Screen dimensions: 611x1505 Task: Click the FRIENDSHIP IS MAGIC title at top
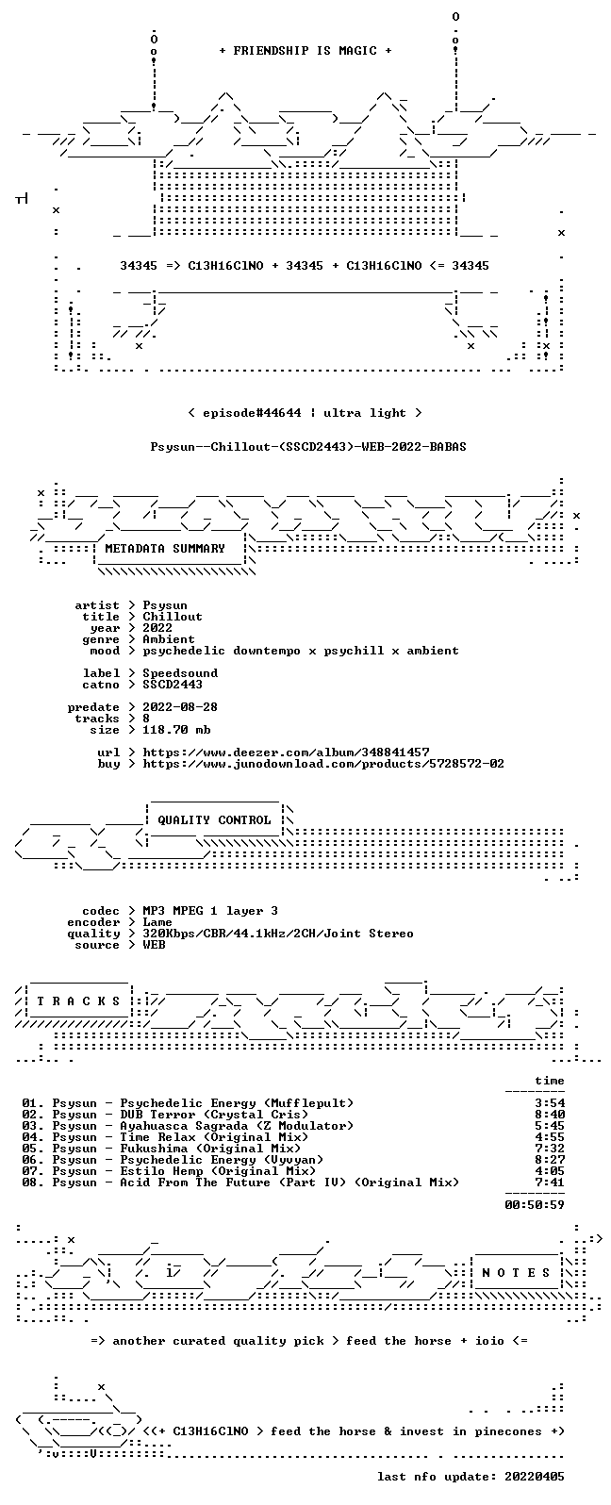tap(305, 51)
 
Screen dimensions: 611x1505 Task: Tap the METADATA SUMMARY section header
tap(165, 549)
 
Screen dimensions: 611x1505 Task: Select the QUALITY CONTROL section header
tap(214, 820)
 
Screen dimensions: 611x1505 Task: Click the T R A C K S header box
tap(78, 1001)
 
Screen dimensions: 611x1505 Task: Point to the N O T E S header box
tap(516, 1272)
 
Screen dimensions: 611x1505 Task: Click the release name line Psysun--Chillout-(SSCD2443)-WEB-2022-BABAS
tap(307, 447)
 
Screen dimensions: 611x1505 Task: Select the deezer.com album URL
tap(286, 752)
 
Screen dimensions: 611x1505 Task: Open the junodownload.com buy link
tap(323, 764)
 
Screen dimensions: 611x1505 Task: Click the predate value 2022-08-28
tap(180, 707)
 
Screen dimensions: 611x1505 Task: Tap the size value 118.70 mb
tap(176, 730)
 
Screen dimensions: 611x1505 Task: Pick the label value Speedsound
tap(180, 673)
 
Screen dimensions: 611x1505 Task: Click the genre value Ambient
tap(169, 639)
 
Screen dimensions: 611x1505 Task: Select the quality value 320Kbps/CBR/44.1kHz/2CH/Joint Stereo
tap(278, 934)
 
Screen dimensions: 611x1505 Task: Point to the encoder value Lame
tap(157, 922)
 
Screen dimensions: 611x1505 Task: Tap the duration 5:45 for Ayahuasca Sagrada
tap(550, 1126)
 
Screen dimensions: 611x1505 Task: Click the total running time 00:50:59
tap(535, 1205)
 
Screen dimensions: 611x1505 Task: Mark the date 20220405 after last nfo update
tap(535, 1477)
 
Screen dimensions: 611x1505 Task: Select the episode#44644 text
tap(252, 413)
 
